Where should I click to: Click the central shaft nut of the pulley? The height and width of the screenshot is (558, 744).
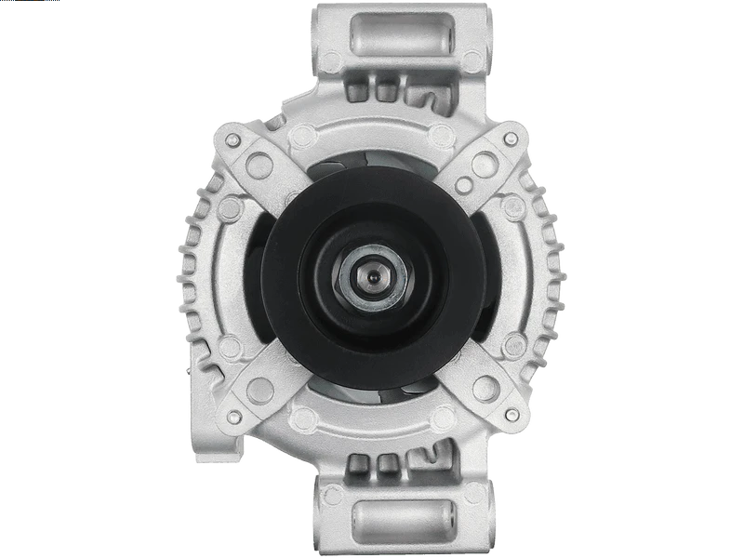pos(372,277)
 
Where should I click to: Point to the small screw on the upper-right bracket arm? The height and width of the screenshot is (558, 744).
pos(510,139)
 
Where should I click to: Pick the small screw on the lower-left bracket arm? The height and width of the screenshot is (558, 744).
pos(233,415)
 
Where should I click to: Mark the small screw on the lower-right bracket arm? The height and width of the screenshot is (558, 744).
pos(510,415)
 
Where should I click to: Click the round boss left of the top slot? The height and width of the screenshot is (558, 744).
pos(331,61)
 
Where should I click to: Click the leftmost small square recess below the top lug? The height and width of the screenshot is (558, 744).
pos(357,90)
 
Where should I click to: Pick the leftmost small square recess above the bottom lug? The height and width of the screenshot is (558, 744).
pos(357,465)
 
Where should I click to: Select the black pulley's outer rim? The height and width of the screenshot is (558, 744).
pos(279,279)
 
